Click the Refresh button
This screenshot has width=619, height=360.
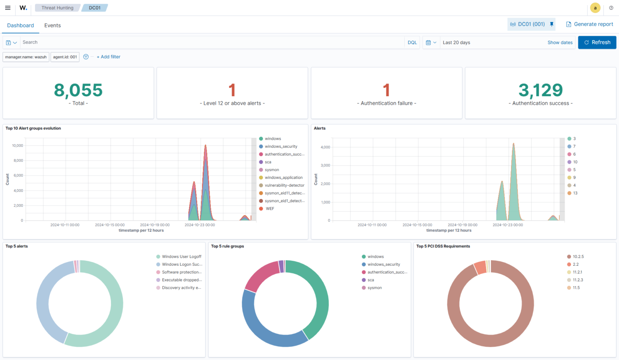coord(597,42)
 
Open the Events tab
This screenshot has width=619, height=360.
coord(52,25)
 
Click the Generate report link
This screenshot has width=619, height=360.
coord(590,24)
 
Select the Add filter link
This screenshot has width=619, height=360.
coord(108,57)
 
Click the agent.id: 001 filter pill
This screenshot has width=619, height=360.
coord(65,57)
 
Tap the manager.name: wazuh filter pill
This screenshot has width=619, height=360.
coord(26,57)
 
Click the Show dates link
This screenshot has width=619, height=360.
coord(560,43)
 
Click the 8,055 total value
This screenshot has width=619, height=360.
coord(78,90)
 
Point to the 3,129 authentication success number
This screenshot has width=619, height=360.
coord(540,90)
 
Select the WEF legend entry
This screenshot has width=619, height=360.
coord(267,209)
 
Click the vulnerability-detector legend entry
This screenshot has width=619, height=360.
coord(282,185)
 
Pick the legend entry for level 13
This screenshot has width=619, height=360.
coord(572,193)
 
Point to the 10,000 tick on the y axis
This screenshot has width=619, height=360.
coord(17,145)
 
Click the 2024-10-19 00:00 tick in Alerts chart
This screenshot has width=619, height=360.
coord(463,225)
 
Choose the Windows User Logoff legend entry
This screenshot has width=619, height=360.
coord(179,257)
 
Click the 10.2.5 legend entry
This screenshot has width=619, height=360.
coord(575,257)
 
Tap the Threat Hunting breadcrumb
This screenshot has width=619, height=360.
coord(58,8)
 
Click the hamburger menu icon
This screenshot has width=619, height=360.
coord(8,8)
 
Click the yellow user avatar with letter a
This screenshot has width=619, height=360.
coord(595,8)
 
